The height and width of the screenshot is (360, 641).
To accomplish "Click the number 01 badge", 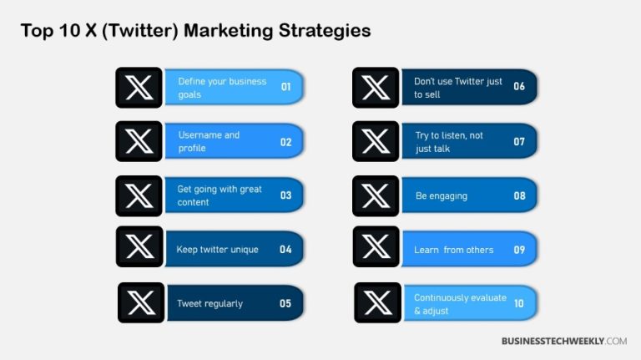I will click(x=285, y=87).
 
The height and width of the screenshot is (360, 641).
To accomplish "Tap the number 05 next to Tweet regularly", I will click(x=285, y=303).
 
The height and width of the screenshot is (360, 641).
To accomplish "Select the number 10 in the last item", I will click(x=519, y=303).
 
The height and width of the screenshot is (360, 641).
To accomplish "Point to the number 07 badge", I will click(x=519, y=141).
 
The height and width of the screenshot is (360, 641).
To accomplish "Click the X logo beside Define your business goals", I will click(x=139, y=88).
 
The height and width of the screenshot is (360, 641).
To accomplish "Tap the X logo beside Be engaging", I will click(x=376, y=195).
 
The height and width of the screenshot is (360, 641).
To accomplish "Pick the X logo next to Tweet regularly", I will click(x=140, y=302).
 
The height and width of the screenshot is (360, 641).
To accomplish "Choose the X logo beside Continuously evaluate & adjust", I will click(x=377, y=302).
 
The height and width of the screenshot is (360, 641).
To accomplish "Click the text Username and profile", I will click(x=209, y=141).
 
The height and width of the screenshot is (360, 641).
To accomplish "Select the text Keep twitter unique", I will click(x=217, y=249).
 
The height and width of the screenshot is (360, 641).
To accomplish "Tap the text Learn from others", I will click(x=453, y=249).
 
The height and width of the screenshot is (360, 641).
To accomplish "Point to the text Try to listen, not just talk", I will click(x=449, y=141).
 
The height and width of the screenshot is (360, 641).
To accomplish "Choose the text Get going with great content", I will click(x=220, y=195).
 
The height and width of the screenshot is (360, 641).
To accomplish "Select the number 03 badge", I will click(x=285, y=195).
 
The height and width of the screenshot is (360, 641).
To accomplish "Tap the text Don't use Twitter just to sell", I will click(x=457, y=88).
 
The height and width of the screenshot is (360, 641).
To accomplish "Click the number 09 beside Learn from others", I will click(x=519, y=249).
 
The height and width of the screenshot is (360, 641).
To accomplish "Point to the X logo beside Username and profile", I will click(x=139, y=141).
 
